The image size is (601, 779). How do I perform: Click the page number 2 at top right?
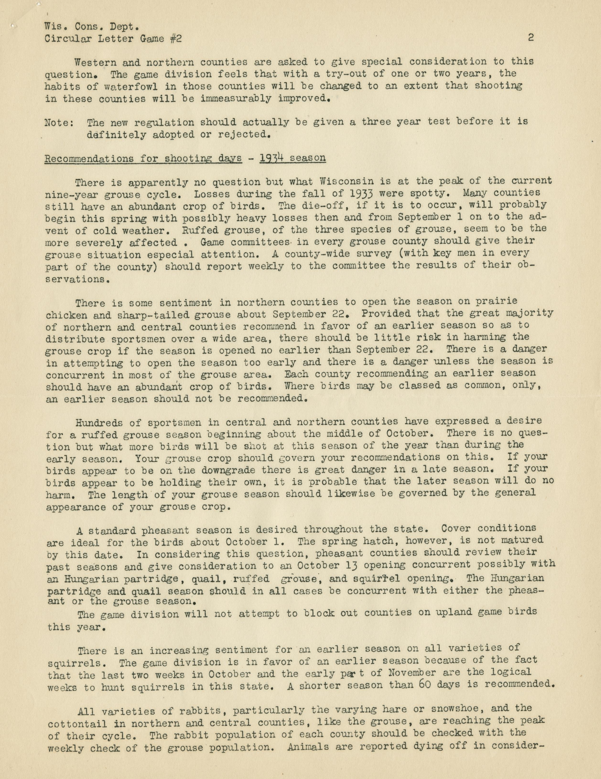531,38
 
